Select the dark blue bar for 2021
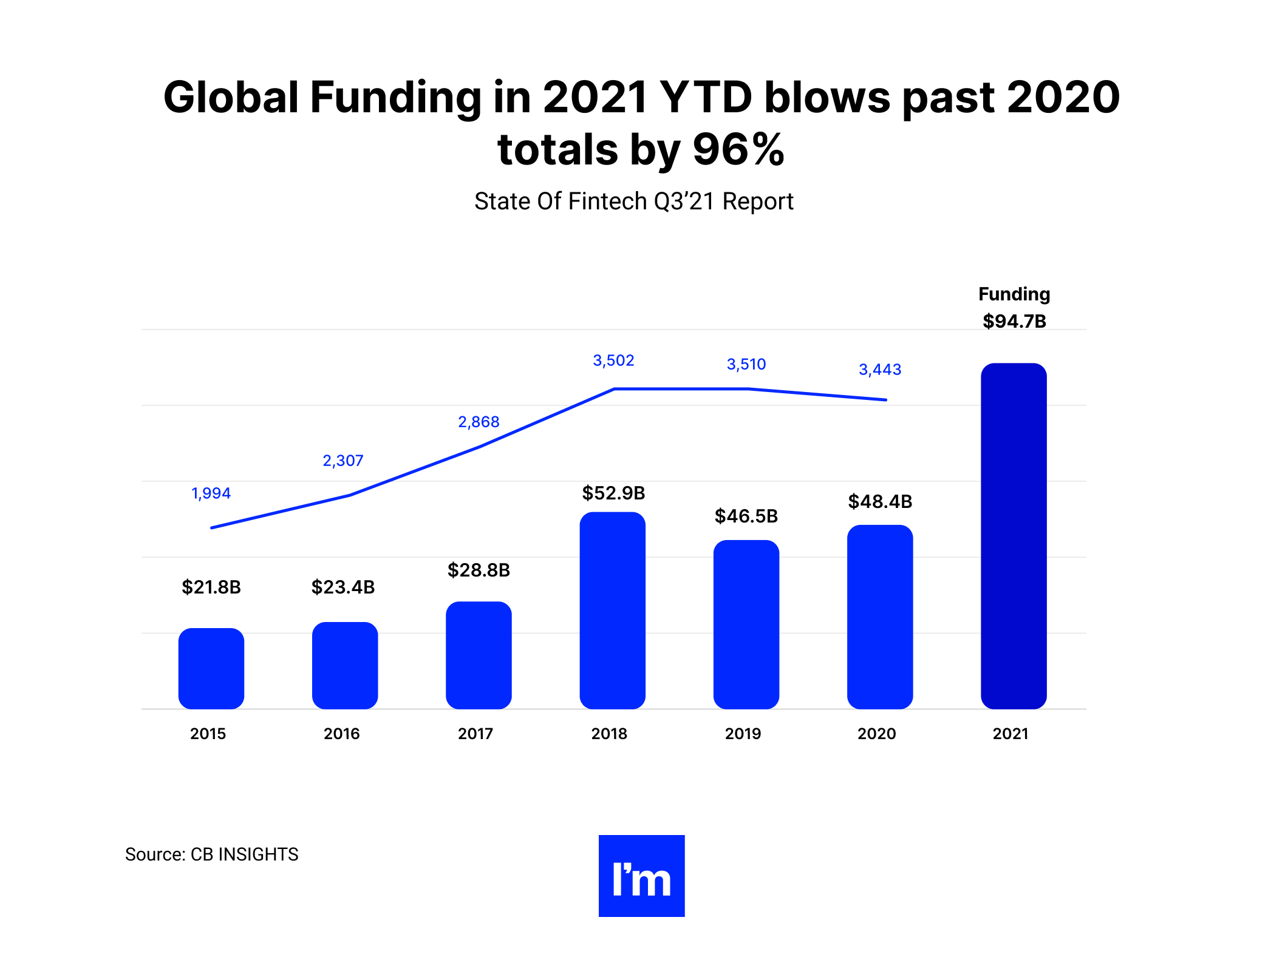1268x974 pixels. [1014, 536]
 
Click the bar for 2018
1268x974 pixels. [612, 610]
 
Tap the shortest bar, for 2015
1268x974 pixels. [211, 668]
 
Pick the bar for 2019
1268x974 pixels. [746, 624]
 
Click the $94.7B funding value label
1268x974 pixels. [1014, 321]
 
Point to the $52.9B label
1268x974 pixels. [613, 493]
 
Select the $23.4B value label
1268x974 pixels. [343, 587]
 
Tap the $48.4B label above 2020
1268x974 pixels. [880, 501]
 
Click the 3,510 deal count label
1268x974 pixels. [746, 364]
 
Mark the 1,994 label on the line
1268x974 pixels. [211, 493]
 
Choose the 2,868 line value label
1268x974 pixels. [479, 422]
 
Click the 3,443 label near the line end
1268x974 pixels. [880, 370]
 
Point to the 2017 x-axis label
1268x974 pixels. [475, 734]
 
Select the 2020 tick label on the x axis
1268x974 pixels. [876, 734]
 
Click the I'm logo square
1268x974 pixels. [641, 876]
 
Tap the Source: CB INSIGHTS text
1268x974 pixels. [211, 854]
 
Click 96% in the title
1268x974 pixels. [738, 150]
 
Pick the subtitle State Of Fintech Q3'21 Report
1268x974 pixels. [634, 201]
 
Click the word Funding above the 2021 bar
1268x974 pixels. [1014, 294]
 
